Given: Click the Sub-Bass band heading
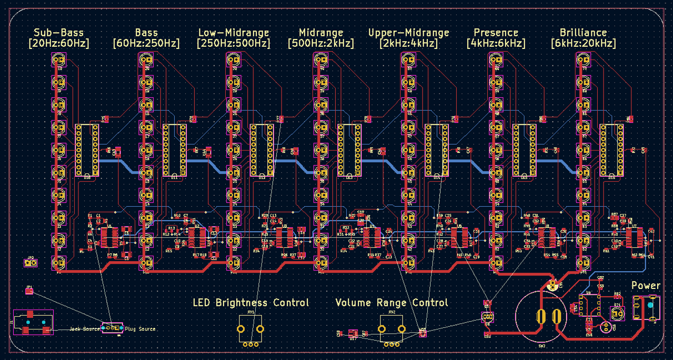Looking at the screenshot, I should pyautogui.click(x=58, y=33).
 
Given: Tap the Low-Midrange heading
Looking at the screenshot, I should pyautogui.click(x=233, y=33).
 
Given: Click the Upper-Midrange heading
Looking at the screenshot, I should pyautogui.click(x=408, y=33).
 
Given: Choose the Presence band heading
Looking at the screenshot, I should pyautogui.click(x=496, y=33).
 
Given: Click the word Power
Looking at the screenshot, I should pyautogui.click(x=646, y=285).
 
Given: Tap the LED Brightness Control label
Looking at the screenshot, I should pyautogui.click(x=250, y=303).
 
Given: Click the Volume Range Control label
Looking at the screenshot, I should pyautogui.click(x=391, y=303).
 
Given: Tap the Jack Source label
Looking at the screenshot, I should pyautogui.click(x=85, y=329).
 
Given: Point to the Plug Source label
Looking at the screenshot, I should pyautogui.click(x=140, y=329).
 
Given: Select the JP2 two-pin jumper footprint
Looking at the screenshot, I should pyautogui.click(x=31, y=262).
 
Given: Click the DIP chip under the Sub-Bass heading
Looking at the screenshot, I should pyautogui.click(x=87, y=150).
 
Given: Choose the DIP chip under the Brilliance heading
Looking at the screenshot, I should pyautogui.click(x=611, y=150).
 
